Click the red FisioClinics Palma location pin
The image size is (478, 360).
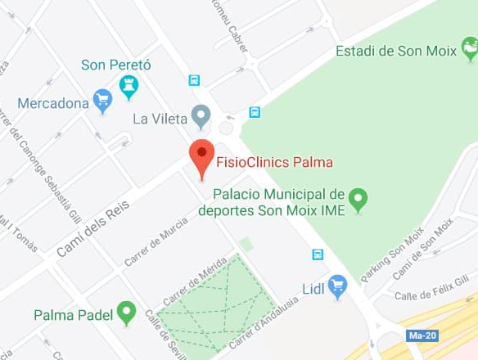201,155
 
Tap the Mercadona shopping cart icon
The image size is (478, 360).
102,101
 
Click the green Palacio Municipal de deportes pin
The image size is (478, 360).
358,199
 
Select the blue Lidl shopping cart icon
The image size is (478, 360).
337,286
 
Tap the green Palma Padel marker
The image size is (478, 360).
125,312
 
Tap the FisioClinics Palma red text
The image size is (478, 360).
273,162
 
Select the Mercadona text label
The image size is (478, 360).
53,104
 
